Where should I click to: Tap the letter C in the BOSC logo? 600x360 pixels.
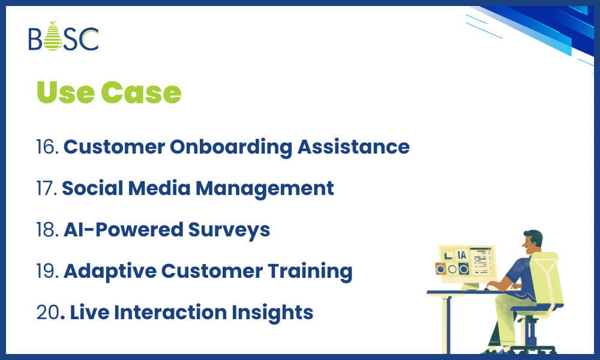coord(89,39)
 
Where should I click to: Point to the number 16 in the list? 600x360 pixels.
coord(47,147)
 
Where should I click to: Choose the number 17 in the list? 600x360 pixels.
coord(47,188)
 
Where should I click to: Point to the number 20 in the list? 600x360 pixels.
coord(48,313)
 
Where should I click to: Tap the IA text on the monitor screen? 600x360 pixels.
coord(462,255)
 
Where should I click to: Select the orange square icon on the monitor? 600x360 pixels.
coord(441,269)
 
